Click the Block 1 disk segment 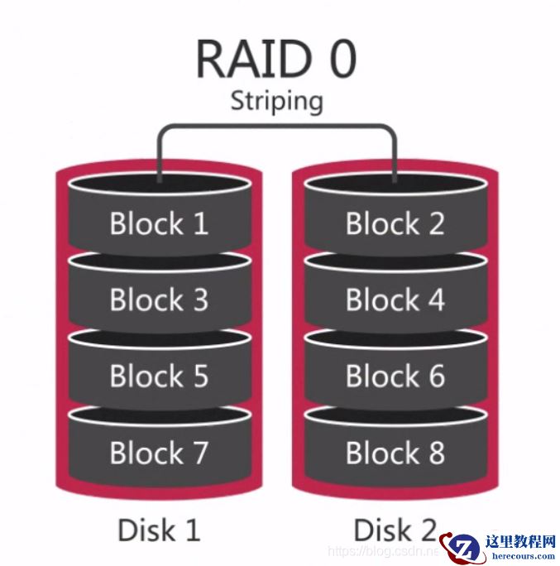point(159,223)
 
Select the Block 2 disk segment point(395,223)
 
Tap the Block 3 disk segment point(159,300)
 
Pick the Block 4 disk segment point(395,300)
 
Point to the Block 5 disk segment point(159,377)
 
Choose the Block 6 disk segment point(395,377)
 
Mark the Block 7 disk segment point(159,453)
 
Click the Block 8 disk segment point(395,453)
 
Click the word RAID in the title point(247,59)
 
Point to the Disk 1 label point(159,530)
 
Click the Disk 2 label point(395,530)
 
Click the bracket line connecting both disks point(276,127)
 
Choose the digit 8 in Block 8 point(433,453)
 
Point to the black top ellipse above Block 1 point(159,185)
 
